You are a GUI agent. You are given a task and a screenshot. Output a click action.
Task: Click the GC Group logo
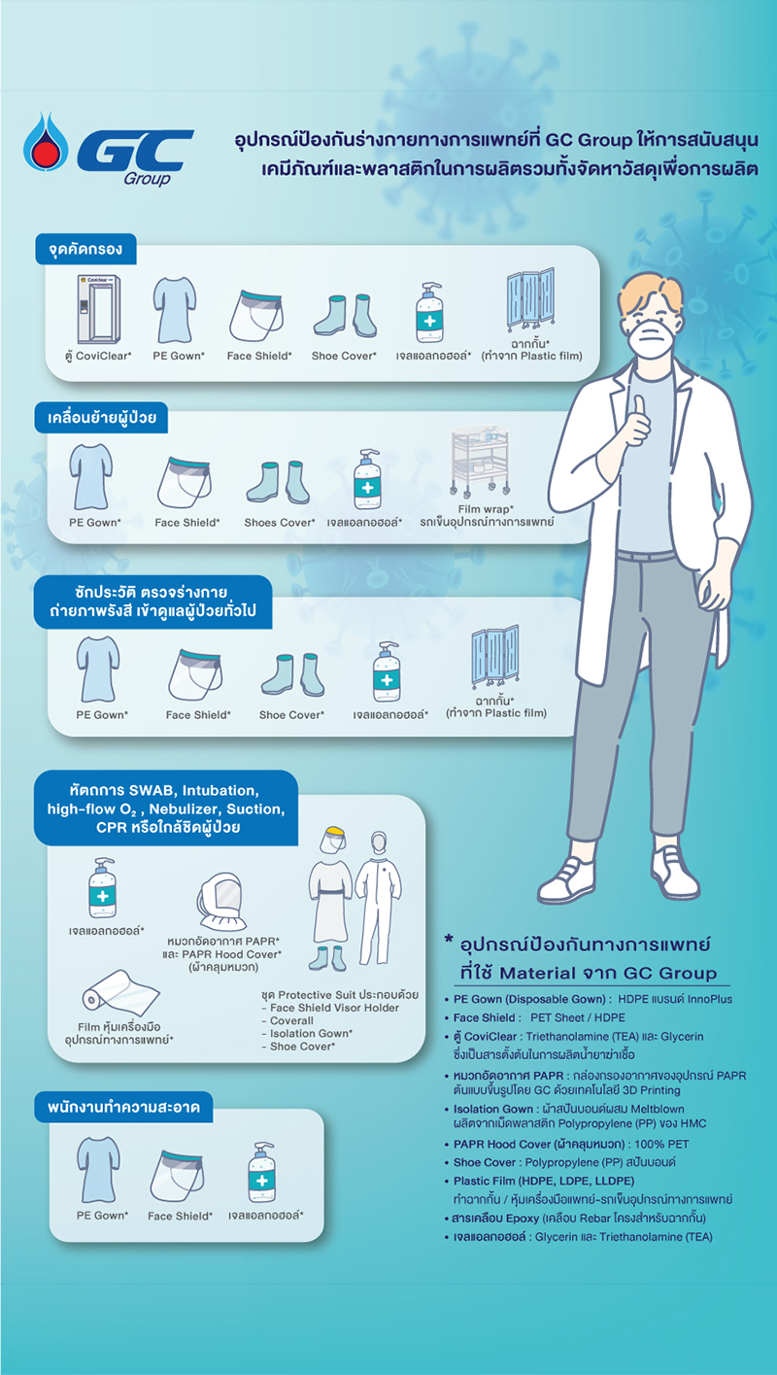108,150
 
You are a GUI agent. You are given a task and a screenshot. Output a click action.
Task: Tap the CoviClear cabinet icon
98,309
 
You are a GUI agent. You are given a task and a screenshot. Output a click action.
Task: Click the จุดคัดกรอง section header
85,249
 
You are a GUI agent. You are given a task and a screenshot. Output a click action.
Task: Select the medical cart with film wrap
480,462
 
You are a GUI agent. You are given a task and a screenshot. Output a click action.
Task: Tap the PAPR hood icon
222,902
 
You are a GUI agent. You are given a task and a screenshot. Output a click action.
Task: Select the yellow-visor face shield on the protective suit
333,840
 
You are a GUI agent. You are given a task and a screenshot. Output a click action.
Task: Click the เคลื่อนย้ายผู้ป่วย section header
102,418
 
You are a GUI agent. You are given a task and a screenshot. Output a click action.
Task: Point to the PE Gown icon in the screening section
175,310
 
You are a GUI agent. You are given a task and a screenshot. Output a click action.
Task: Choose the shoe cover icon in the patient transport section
278,483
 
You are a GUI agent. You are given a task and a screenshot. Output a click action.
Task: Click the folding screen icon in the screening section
530,299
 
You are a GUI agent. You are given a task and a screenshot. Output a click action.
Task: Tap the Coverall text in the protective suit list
291,1020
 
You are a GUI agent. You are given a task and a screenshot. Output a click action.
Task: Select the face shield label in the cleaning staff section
180,1216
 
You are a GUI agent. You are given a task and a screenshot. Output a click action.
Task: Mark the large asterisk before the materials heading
449,939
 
